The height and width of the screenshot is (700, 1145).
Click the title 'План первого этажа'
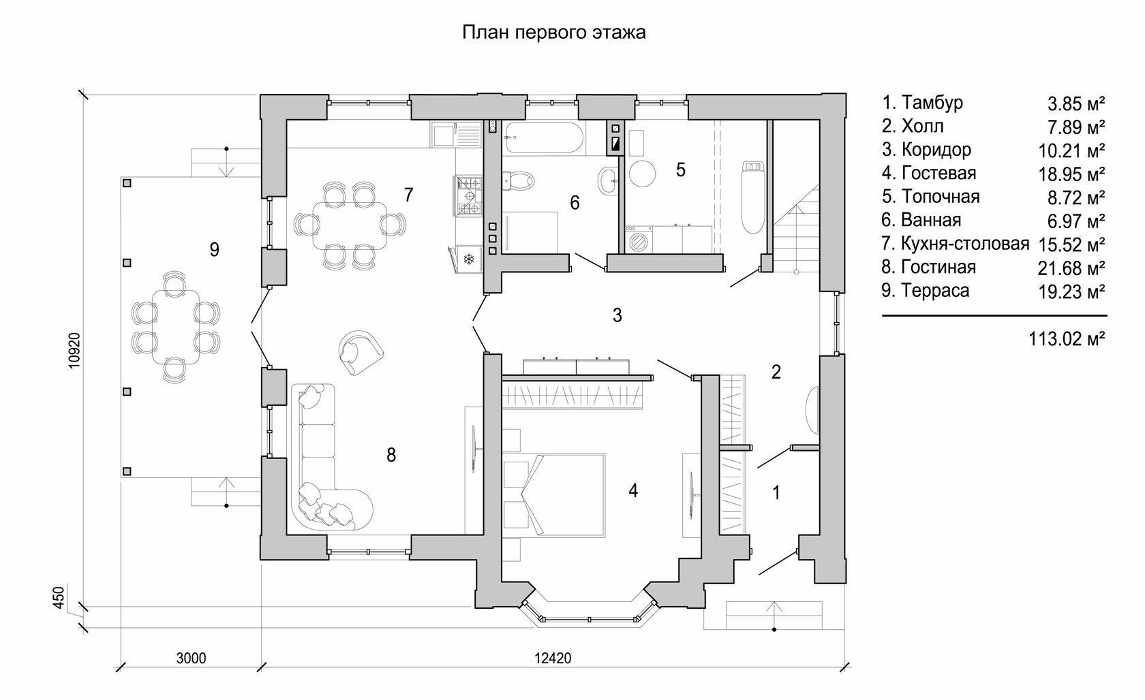coord(554,33)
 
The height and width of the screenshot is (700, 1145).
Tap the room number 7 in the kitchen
coord(408,195)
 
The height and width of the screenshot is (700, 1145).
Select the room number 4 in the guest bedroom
coord(633,490)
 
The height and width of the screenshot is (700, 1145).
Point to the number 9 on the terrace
coord(215,250)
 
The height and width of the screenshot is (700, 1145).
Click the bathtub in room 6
coord(543,138)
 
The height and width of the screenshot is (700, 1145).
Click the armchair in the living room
coord(360,351)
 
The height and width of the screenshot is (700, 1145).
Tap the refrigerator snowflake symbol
coord(468,259)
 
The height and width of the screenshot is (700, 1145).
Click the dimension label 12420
coord(553,658)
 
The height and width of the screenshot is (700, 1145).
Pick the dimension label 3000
coord(191,658)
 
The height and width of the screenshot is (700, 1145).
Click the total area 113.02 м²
coord(1067,338)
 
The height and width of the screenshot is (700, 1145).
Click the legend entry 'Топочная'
coord(941,197)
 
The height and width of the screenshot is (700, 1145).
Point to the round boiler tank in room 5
coord(641,173)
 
